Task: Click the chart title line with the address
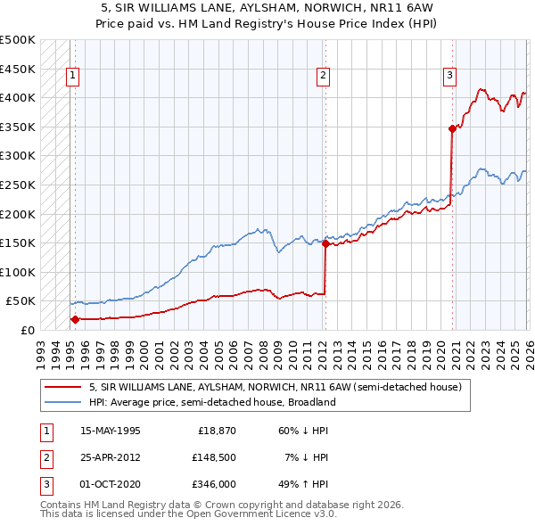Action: pos(267,8)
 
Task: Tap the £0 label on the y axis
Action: pos(26,330)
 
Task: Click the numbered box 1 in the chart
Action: pos(71,77)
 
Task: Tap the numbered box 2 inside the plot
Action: pos(322,77)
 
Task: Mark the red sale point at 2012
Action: pos(325,243)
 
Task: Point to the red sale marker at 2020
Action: pos(452,128)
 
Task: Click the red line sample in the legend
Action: pos(62,388)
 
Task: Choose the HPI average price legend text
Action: pos(211,403)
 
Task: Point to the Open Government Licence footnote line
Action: pos(188,514)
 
